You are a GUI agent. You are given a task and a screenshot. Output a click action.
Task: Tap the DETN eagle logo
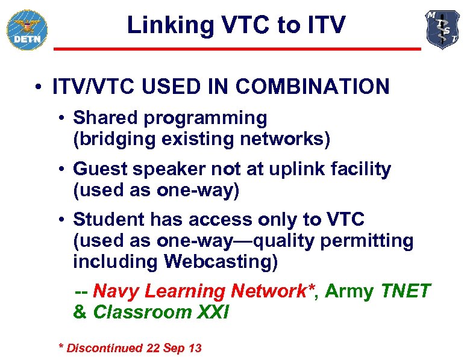[x=27, y=29]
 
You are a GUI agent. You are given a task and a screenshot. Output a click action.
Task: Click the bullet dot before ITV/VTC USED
[x=38, y=87]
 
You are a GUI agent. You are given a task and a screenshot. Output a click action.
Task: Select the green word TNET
[x=406, y=291]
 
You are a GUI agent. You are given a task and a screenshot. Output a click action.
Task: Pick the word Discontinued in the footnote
[x=104, y=348]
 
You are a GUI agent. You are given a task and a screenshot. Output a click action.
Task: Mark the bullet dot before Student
[x=62, y=221]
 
